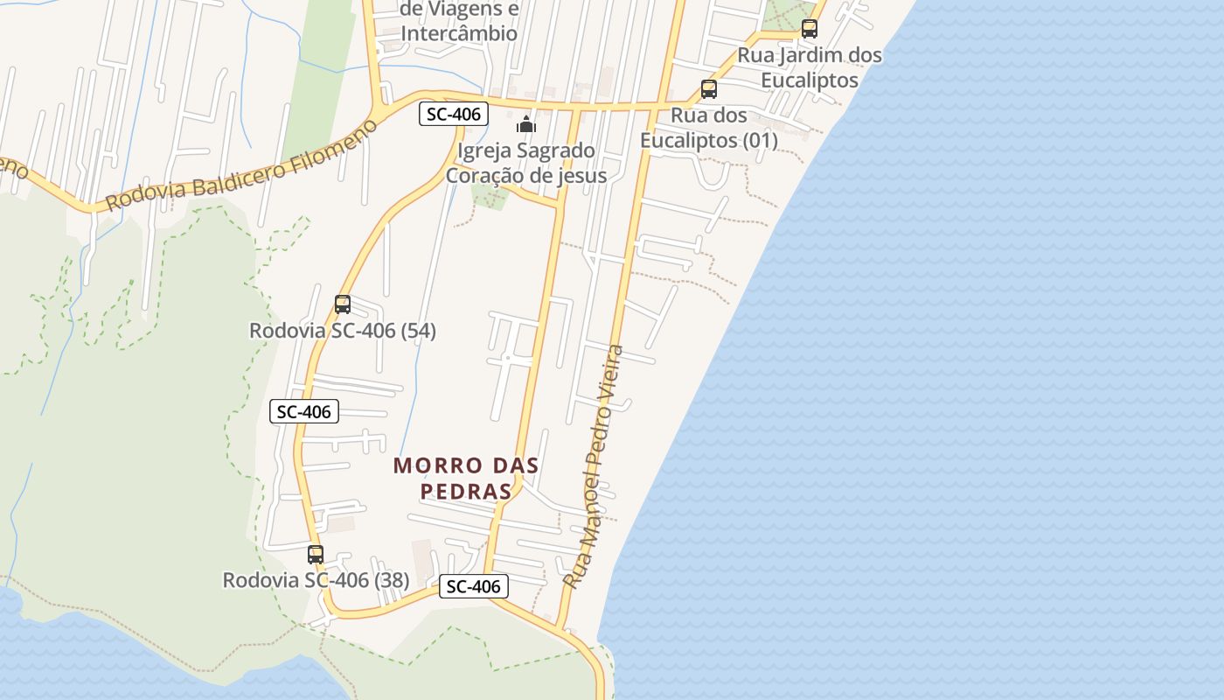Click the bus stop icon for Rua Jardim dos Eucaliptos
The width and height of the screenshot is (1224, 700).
tap(810, 29)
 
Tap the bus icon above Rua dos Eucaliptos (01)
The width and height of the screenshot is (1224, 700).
tap(709, 89)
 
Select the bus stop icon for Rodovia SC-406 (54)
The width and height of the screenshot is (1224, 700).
tap(343, 304)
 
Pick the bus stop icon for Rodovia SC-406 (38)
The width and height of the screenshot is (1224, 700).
tap(316, 554)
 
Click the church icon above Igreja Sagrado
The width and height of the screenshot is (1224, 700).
tap(526, 124)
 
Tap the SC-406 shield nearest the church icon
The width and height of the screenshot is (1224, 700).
tap(453, 114)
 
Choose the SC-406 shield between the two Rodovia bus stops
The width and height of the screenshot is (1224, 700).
tap(304, 411)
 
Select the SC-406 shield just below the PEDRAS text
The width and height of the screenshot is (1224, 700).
tap(473, 586)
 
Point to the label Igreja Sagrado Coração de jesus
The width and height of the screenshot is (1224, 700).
tap(526, 163)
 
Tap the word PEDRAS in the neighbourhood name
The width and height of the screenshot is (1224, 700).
tap(466, 492)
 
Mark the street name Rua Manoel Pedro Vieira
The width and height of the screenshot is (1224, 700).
tap(594, 466)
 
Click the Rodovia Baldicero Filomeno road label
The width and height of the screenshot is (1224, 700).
tap(241, 164)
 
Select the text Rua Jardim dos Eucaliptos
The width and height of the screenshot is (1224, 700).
tap(810, 67)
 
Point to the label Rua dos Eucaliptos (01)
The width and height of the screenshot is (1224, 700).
tap(708, 128)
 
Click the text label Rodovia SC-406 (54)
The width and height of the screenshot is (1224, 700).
tap(343, 331)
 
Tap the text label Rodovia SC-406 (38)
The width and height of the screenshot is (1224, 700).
tap(316, 580)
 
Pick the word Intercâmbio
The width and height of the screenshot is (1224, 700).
tap(459, 33)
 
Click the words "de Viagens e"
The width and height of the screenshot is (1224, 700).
tap(459, 10)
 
